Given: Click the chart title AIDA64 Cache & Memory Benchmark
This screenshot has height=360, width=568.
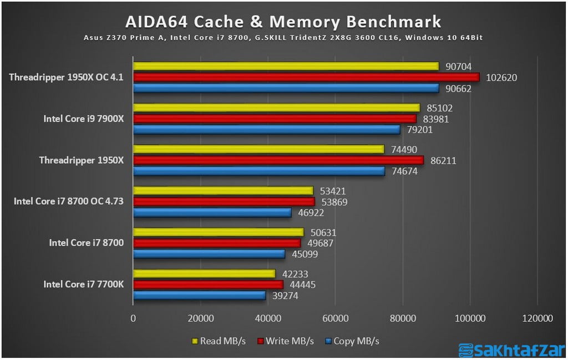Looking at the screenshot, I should [283, 22].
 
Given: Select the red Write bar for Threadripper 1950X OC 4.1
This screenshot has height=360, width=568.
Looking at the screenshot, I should [305, 77].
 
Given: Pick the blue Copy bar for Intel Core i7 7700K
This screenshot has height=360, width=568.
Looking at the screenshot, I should [199, 296].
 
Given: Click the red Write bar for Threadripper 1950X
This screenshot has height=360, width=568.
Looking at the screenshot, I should [278, 160].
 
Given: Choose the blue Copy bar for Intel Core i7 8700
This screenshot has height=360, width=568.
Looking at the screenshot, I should [209, 254].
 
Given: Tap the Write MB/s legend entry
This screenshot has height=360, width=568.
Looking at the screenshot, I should [285, 341].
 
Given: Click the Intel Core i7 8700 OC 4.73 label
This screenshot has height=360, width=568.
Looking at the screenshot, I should [68, 201].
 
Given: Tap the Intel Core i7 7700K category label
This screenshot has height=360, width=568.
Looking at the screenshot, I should [83, 284].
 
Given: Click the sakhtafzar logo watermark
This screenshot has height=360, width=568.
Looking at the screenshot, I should [510, 351].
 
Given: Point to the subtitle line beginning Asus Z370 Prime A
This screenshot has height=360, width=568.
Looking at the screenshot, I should [283, 38].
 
